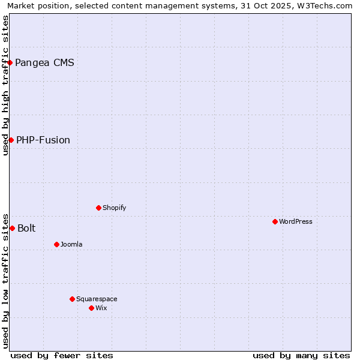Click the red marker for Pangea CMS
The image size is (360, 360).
coord(10,62)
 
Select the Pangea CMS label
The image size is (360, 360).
coord(44,62)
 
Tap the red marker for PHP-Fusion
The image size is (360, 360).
coord(11,140)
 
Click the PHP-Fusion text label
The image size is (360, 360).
coord(43,140)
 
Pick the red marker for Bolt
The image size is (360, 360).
coord(12,228)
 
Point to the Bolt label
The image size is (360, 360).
coord(26,228)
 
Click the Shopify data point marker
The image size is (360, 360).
coord(98,208)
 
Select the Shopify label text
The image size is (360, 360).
coord(114,208)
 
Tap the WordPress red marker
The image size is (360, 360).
coord(275,221)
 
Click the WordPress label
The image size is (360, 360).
coord(295,221)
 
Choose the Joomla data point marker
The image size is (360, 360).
coord(56,244)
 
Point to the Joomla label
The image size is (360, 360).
coord(71,244)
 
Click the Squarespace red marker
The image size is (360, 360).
coord(72,299)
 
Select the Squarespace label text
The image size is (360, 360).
coord(97,299)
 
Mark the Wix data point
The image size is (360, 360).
coord(91,308)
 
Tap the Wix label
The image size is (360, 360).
coord(101,308)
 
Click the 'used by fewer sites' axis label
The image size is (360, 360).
coord(62,355)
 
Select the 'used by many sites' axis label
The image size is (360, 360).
coord(301,355)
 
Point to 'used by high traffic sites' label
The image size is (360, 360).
coord(5,85)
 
